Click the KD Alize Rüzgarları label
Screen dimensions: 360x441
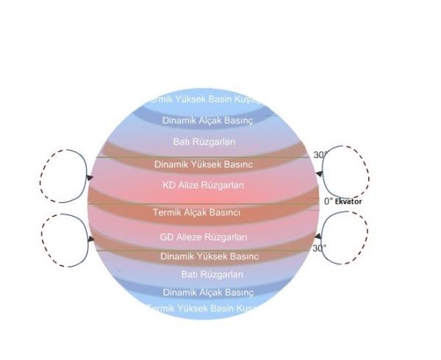click(203, 185)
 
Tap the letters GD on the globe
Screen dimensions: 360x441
click(167, 237)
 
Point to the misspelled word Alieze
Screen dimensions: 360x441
click(190, 237)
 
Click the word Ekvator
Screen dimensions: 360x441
click(348, 201)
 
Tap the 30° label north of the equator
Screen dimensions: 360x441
click(320, 155)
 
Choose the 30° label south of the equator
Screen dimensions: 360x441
click(319, 248)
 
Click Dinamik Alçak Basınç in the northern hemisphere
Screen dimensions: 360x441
click(207, 120)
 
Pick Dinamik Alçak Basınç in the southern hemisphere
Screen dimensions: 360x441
click(208, 292)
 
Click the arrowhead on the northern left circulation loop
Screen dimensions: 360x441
click(90, 177)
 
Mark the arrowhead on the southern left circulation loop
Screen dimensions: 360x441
click(90, 239)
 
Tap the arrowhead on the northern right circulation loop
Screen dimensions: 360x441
click(318, 174)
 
